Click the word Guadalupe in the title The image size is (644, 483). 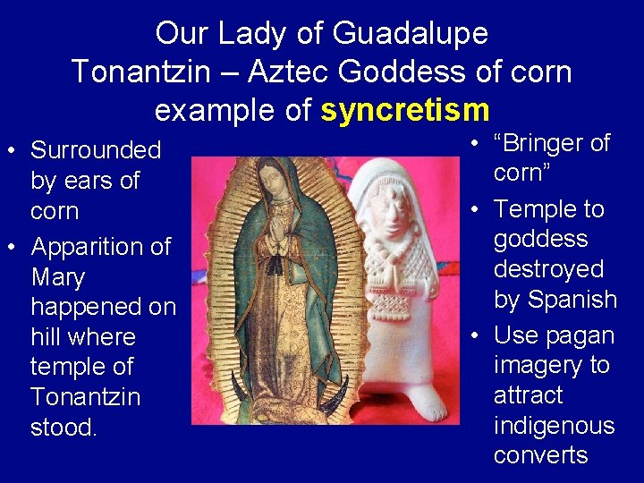(x=411, y=34)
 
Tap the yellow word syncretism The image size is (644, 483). (x=405, y=110)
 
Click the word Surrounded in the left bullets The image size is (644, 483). (x=96, y=150)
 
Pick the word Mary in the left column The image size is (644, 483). (x=57, y=276)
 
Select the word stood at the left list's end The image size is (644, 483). (x=63, y=427)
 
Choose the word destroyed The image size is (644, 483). (x=548, y=269)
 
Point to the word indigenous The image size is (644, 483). (x=554, y=425)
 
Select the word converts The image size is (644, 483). (x=540, y=455)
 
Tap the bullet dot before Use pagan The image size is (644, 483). (x=471, y=335)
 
